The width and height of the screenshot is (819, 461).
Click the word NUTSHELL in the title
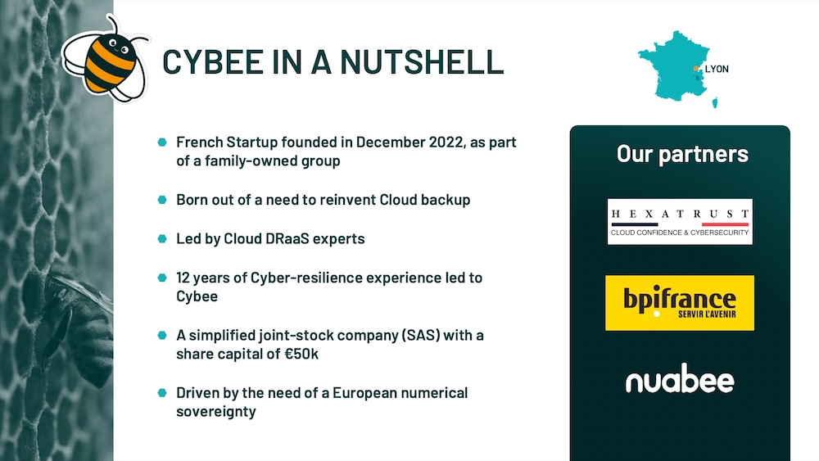422,61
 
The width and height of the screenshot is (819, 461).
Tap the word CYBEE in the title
213,61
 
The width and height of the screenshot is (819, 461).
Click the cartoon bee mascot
106,61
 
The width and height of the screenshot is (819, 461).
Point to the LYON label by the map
717,69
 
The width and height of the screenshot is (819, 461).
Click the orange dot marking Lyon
695,69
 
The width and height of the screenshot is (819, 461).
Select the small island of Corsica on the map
715,102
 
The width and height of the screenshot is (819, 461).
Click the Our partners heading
682,154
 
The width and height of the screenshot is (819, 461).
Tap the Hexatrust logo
680,221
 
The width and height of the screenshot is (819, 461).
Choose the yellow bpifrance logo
680,303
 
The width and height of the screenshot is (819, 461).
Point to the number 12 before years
183,278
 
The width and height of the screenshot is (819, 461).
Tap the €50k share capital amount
301,354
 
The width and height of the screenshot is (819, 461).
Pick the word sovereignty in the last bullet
216,412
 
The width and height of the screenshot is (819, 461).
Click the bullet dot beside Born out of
162,200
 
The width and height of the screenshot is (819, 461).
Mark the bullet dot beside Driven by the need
162,392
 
